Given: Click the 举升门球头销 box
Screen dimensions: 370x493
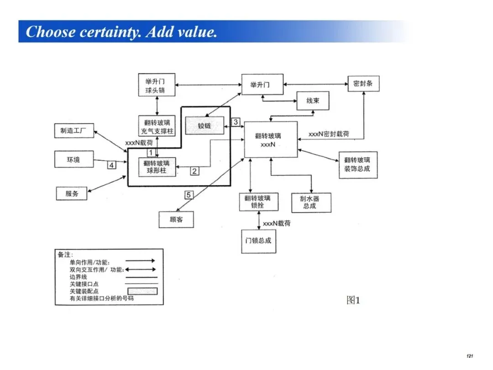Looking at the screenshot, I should pyautogui.click(x=157, y=85).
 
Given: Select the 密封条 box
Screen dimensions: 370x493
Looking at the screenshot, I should pyautogui.click(x=363, y=84).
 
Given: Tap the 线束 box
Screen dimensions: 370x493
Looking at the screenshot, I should pyautogui.click(x=313, y=100).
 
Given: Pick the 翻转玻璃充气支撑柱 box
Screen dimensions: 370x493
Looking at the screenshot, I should pyautogui.click(x=157, y=127).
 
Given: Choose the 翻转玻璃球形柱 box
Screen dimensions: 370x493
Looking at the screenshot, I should pyautogui.click(x=157, y=167).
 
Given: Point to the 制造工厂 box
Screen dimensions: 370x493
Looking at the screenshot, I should pyautogui.click(x=73, y=131).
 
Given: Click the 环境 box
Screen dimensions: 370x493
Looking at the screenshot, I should pyautogui.click(x=73, y=159).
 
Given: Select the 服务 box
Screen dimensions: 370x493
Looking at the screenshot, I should pyautogui.click(x=72, y=193).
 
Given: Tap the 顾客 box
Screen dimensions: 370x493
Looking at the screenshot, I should pyautogui.click(x=176, y=219).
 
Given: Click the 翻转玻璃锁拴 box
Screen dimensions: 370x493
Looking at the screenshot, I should pyautogui.click(x=258, y=202).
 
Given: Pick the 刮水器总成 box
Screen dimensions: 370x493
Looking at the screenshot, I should pyautogui.click(x=312, y=202).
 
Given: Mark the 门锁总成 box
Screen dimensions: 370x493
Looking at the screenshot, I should pyautogui.click(x=258, y=240).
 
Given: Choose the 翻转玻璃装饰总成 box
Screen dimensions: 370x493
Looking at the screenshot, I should pyautogui.click(x=357, y=164).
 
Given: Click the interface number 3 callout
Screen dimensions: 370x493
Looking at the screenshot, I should pyautogui.click(x=235, y=122).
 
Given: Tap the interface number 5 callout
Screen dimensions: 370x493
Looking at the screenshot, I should pyautogui.click(x=189, y=195).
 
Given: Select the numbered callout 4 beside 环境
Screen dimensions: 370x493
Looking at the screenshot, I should pyautogui.click(x=111, y=165).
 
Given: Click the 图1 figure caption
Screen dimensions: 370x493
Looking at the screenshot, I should pyautogui.click(x=353, y=300).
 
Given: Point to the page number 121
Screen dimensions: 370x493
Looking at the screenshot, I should pyautogui.click(x=469, y=356).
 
